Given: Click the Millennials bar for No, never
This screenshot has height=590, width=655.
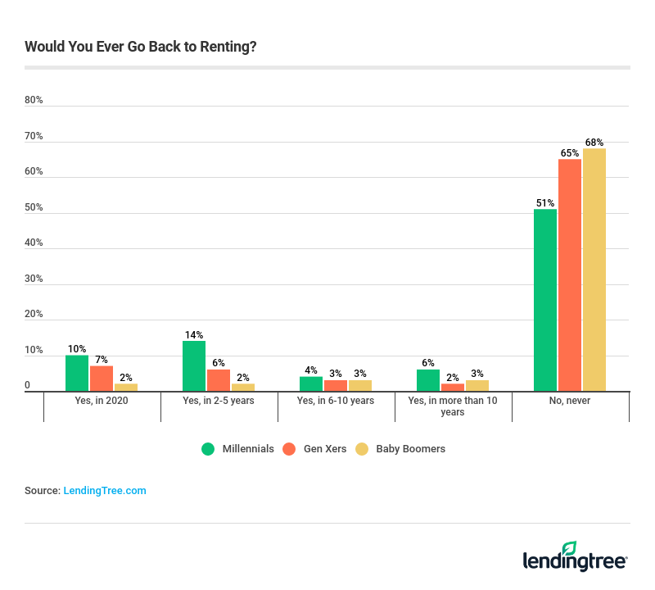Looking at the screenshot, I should click(x=545, y=300).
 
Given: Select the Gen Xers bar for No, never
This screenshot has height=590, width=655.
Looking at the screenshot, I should click(x=570, y=275).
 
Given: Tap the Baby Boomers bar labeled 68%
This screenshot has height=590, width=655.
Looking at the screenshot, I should click(x=594, y=270).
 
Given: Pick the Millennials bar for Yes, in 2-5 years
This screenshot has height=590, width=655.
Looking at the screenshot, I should click(x=194, y=366).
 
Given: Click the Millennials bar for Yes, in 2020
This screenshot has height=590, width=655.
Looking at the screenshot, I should click(x=77, y=373).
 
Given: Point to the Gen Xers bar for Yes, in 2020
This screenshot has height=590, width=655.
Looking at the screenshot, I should click(x=102, y=379).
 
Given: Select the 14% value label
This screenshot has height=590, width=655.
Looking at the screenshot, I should click(x=194, y=334).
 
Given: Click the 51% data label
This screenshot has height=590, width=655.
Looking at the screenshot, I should click(x=545, y=202).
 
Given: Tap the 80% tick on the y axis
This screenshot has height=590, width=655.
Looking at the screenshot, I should click(x=34, y=100).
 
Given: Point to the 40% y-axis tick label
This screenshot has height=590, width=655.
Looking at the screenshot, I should click(x=34, y=243).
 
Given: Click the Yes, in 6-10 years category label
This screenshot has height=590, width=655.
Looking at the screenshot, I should click(x=336, y=402).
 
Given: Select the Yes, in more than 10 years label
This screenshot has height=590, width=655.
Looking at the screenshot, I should click(x=453, y=406).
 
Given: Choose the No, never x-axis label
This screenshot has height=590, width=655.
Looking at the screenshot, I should click(x=571, y=402).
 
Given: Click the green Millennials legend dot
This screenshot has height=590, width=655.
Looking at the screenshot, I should click(x=208, y=449).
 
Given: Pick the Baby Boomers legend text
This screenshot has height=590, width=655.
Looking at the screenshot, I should click(x=410, y=449).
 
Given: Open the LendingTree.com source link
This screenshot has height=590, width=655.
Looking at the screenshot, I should click(x=105, y=491).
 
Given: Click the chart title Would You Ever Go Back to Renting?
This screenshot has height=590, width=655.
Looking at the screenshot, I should click(x=141, y=46).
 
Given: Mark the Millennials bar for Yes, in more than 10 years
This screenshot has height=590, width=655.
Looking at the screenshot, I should click(x=428, y=380).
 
